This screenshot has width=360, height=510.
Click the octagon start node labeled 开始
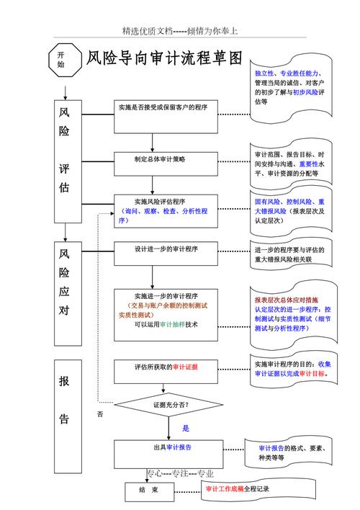coord(60,59)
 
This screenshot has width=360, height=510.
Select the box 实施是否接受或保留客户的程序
coord(166,117)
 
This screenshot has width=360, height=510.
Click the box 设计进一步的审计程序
coord(166,253)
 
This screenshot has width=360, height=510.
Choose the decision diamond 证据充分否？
coord(169,405)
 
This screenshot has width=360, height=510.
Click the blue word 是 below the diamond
coord(185,428)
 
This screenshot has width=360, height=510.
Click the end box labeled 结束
coord(158,491)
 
